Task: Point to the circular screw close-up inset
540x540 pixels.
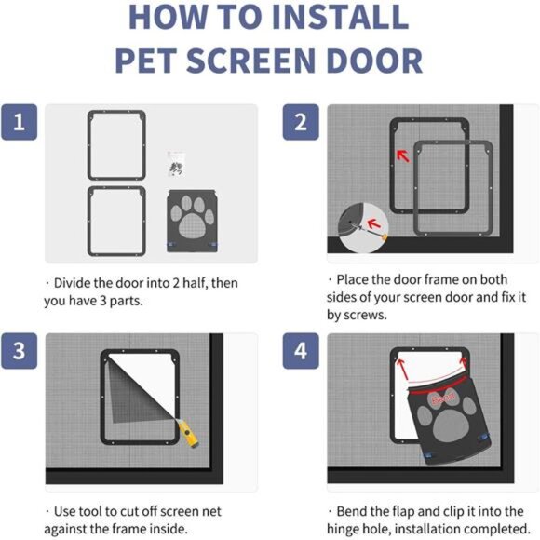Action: click(x=358, y=223)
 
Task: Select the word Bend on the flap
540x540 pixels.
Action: click(x=441, y=398)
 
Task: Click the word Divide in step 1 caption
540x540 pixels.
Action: click(x=75, y=283)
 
